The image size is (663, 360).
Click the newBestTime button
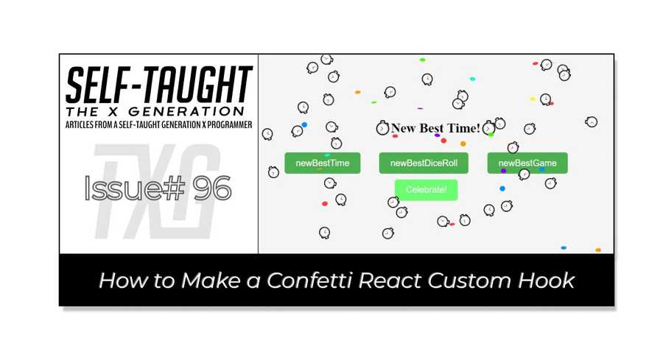(322, 163)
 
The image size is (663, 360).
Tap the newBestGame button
(527, 163)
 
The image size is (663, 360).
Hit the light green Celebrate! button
(426, 190)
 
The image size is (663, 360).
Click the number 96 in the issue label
(211, 189)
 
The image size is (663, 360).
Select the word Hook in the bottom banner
(548, 280)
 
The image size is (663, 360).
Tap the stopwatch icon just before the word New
(382, 129)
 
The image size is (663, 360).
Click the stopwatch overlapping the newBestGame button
(524, 174)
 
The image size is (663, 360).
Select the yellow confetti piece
(533, 99)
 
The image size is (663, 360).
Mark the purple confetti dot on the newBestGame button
(504, 171)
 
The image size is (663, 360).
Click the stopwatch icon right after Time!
(488, 129)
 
